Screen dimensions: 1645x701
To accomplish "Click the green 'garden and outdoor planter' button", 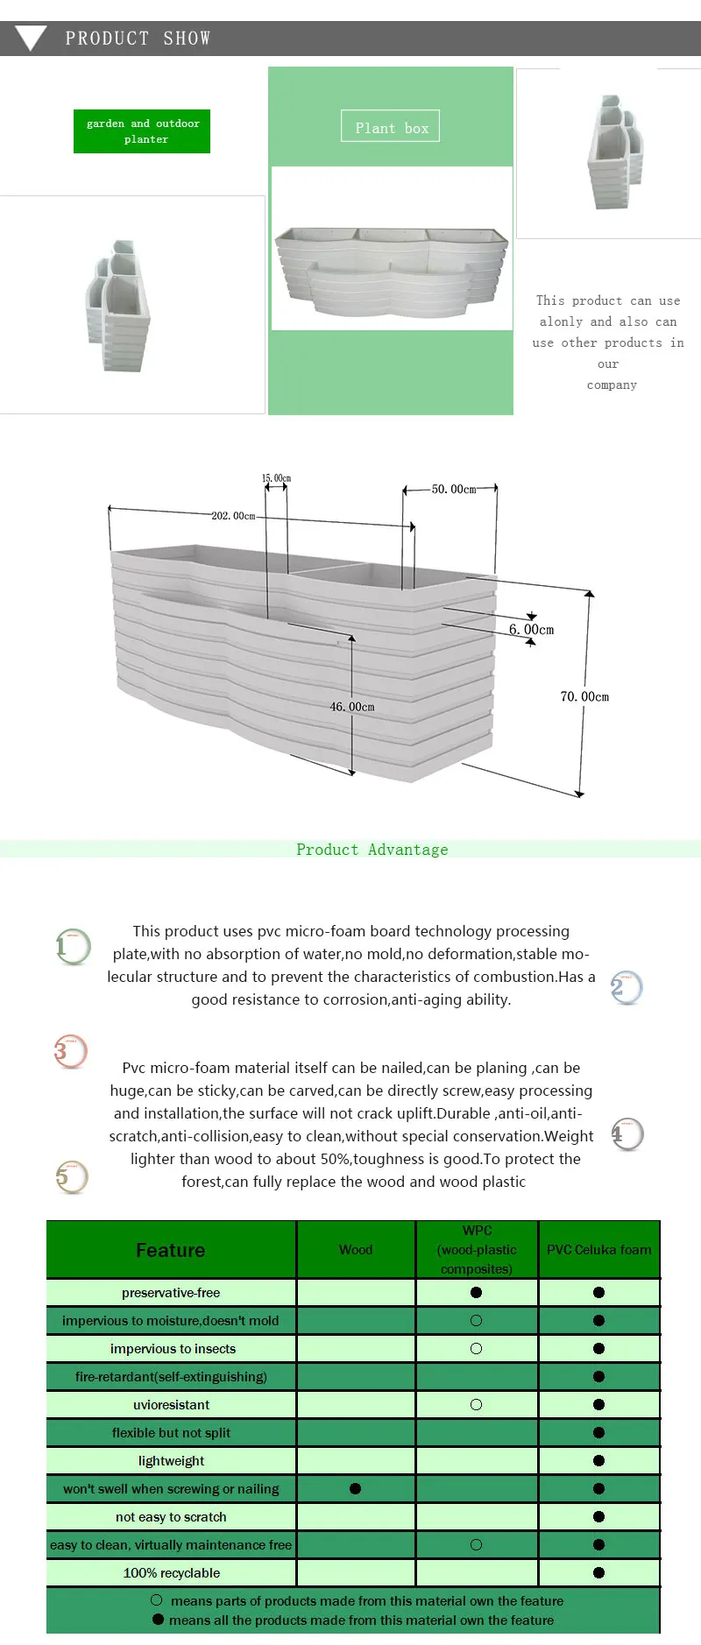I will pyautogui.click(x=142, y=131).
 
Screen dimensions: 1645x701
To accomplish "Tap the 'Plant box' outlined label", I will pyautogui.click(x=391, y=127).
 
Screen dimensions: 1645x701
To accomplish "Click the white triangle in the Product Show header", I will pyautogui.click(x=31, y=38).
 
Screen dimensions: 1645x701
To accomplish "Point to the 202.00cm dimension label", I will pyautogui.click(x=233, y=516).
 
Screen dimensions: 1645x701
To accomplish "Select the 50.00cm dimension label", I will pyautogui.click(x=453, y=490).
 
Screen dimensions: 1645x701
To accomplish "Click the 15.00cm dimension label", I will pyautogui.click(x=276, y=478).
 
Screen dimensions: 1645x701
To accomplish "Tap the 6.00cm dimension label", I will pyautogui.click(x=531, y=630).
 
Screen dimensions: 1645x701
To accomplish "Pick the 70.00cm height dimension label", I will pyautogui.click(x=584, y=697).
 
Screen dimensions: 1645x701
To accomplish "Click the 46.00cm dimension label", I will pyautogui.click(x=351, y=707).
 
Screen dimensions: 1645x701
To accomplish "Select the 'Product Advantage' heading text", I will pyautogui.click(x=372, y=850).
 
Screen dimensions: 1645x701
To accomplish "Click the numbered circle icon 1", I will pyautogui.click(x=73, y=946).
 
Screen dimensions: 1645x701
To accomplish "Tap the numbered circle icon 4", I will pyautogui.click(x=627, y=1134).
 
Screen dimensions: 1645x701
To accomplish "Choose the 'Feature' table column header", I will pyautogui.click(x=171, y=1250).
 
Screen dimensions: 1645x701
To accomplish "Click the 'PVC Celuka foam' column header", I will pyautogui.click(x=599, y=1250).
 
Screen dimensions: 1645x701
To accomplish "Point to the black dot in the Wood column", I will pyautogui.click(x=355, y=1488).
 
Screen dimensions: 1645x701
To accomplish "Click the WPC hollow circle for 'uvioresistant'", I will pyautogui.click(x=476, y=1404).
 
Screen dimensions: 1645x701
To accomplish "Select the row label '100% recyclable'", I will pyautogui.click(x=171, y=1572).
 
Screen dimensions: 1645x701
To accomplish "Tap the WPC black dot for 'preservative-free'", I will pyautogui.click(x=476, y=1292).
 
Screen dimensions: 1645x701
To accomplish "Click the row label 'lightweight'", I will pyautogui.click(x=171, y=1460).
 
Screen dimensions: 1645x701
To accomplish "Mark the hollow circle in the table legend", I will pyautogui.click(x=157, y=1600).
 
